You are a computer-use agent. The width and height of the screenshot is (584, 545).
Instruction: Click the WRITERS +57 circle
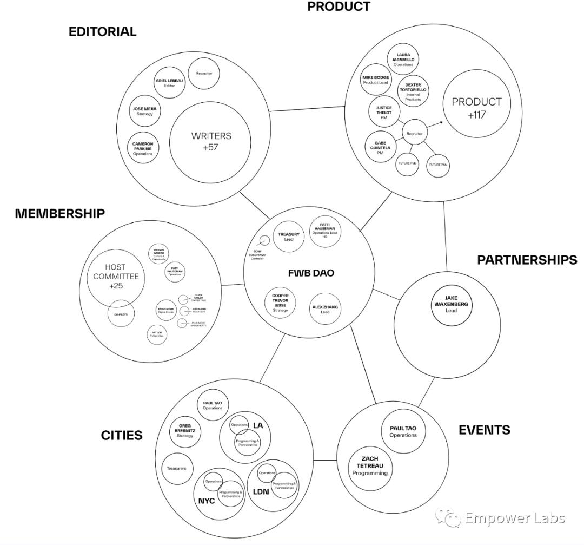(210, 141)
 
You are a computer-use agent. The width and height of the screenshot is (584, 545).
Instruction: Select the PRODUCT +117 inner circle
(469, 108)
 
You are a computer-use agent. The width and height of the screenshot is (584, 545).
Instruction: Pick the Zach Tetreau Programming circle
(370, 466)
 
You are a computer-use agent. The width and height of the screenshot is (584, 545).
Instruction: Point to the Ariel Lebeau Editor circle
(169, 83)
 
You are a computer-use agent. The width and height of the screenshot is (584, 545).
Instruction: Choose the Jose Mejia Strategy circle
(144, 111)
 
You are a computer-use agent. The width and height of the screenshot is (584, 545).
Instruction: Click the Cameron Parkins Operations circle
(143, 148)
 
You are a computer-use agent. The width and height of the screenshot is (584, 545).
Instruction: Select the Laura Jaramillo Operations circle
(403, 60)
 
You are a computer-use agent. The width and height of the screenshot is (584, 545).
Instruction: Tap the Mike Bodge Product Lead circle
(375, 80)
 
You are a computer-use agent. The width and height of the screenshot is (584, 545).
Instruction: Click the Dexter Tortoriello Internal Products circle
(413, 92)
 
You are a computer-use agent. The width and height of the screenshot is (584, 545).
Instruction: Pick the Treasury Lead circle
(289, 237)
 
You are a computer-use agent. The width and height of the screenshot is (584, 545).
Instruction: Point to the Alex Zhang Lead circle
(325, 309)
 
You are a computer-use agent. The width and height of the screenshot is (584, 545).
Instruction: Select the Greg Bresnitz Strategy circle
(185, 431)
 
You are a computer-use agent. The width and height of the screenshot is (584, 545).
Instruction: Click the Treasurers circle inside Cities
(176, 468)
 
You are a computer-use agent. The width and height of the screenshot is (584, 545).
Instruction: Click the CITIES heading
(122, 435)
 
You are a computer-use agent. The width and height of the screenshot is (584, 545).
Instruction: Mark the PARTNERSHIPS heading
(527, 260)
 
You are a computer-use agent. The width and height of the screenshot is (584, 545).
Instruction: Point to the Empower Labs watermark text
(514, 518)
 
